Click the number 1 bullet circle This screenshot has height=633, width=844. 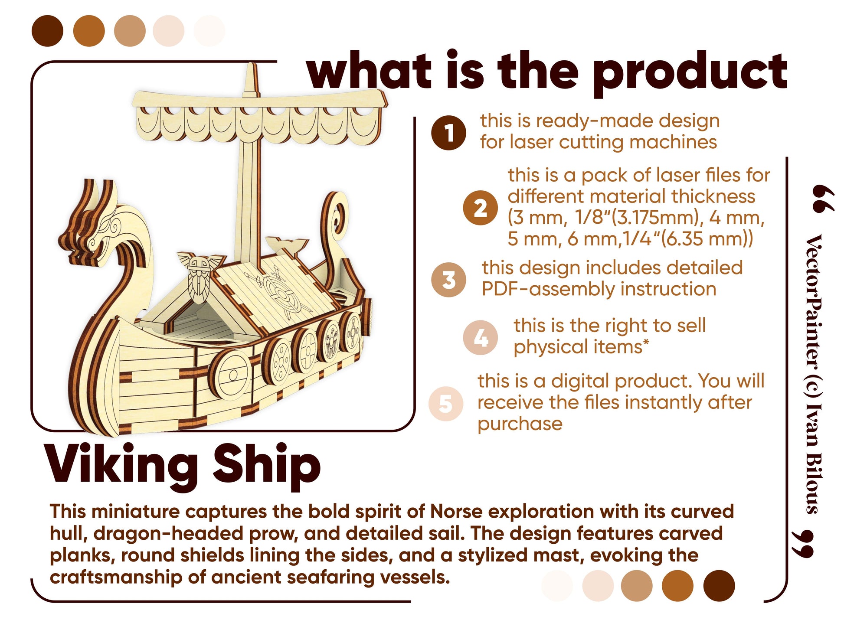coord(448,133)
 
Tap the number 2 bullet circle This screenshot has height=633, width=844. coord(480,208)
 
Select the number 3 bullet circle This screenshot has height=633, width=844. coord(448,280)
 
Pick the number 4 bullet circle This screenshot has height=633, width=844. coord(480,338)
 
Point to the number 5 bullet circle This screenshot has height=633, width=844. coord(446,404)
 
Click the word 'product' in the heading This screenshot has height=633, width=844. coord(690,72)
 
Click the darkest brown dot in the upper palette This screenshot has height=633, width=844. coord(47,31)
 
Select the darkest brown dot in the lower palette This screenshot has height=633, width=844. coord(719,586)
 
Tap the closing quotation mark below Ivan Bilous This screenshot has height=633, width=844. coord(802,543)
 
